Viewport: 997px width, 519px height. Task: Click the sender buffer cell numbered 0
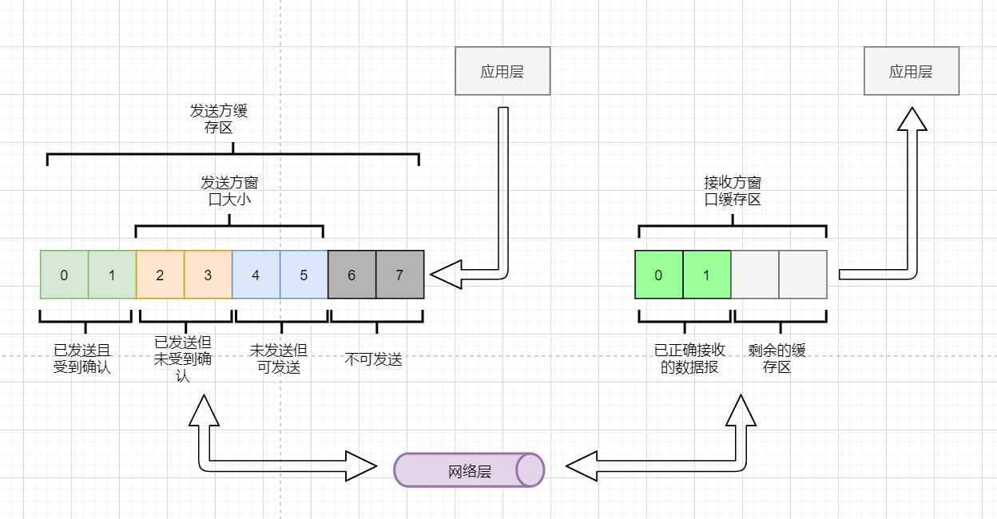coord(64,275)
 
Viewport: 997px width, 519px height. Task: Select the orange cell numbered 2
coord(160,275)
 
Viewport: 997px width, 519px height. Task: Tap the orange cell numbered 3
coord(208,275)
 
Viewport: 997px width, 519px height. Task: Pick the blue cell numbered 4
coord(256,275)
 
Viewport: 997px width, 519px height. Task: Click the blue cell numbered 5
coord(304,275)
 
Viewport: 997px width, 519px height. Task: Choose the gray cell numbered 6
coord(352,275)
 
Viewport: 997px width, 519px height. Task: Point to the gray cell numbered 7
coord(399,275)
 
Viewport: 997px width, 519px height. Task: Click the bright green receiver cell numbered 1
coord(706,275)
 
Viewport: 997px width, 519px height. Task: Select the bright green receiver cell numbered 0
coord(658,275)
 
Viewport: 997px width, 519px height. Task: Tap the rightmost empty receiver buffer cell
coord(802,275)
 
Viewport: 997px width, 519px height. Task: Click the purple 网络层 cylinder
coord(469,469)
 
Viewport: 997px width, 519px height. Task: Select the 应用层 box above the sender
coord(502,71)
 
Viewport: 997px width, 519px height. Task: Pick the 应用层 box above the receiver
coord(911,71)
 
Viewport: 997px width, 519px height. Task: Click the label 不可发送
coord(373,360)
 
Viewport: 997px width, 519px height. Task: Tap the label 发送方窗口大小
coord(229,192)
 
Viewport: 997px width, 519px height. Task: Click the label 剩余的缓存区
coord(777,359)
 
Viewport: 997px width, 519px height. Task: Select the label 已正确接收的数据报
coord(689,359)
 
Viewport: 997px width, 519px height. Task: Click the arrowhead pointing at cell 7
coord(443,274)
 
